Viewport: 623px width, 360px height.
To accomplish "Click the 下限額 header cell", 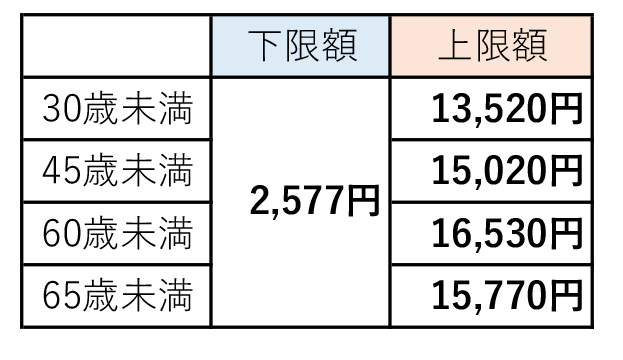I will click(300, 46).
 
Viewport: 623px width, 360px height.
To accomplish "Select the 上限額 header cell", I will click(490, 46).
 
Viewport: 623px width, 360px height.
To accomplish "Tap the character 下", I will click(263, 47).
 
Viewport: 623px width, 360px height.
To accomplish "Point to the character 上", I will click(452, 47).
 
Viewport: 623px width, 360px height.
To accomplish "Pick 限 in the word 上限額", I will click(490, 47).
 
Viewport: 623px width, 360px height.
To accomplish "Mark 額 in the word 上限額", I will click(528, 47).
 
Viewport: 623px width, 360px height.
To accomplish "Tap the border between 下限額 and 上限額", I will click(389, 46).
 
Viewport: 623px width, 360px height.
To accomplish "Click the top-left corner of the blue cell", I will click(214, 18).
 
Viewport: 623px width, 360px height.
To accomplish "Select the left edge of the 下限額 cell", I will click(213, 46).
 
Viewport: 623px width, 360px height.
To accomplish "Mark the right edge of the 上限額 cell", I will click(592, 46).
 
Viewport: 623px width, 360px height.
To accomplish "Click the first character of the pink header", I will click(452, 47).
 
